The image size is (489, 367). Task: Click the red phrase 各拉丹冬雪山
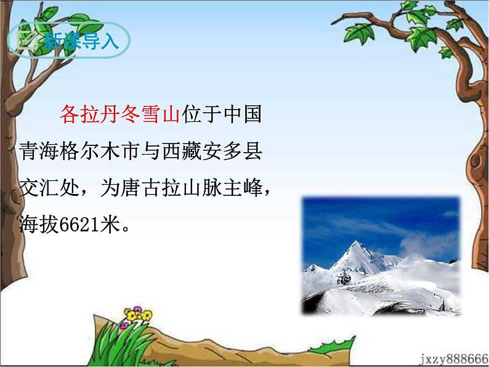pos(119,114)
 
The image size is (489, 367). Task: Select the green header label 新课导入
pos(72,41)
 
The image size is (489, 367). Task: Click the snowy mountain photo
pos(381,256)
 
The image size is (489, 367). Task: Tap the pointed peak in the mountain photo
pos(357,245)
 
